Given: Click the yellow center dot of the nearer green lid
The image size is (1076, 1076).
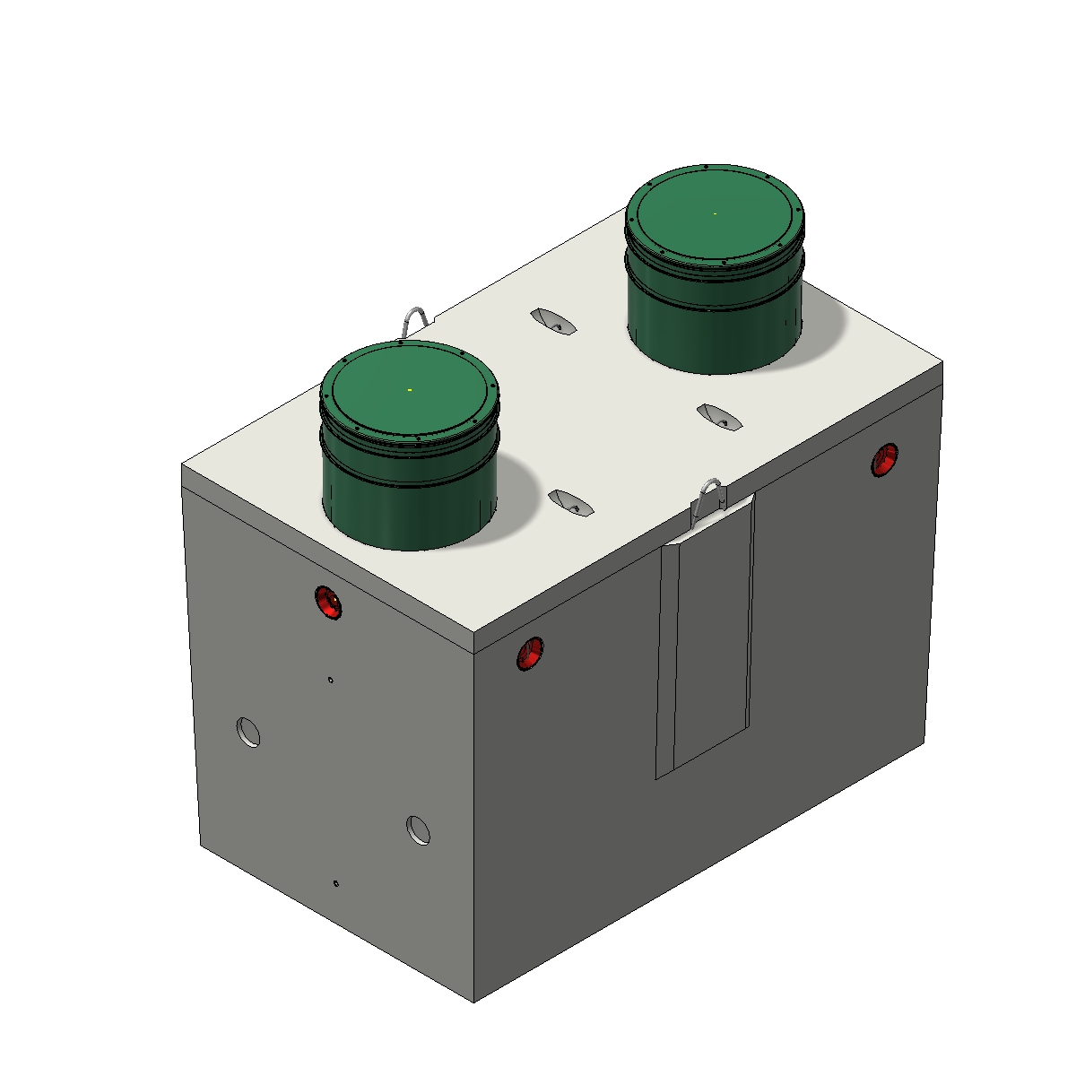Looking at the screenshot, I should pyautogui.click(x=410, y=390).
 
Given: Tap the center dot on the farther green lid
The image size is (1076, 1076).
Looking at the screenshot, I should pyautogui.click(x=715, y=213).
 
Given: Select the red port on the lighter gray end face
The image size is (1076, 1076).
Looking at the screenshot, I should pyautogui.click(x=328, y=602).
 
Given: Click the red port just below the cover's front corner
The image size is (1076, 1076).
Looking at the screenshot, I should pyautogui.click(x=530, y=653).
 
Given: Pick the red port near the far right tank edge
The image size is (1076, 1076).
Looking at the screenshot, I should pyautogui.click(x=885, y=459).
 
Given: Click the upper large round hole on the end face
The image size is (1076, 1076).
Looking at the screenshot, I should pyautogui.click(x=248, y=732).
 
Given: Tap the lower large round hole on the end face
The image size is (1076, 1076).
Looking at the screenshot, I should pyautogui.click(x=418, y=830).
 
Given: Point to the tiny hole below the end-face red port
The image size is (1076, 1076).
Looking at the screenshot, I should pyautogui.click(x=331, y=681).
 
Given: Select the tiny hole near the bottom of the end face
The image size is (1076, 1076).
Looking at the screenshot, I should pyautogui.click(x=336, y=883).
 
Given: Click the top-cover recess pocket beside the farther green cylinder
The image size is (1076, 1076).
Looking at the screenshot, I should pyautogui.click(x=553, y=321).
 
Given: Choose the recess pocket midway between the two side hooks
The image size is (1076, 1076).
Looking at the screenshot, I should pyautogui.click(x=720, y=417).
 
